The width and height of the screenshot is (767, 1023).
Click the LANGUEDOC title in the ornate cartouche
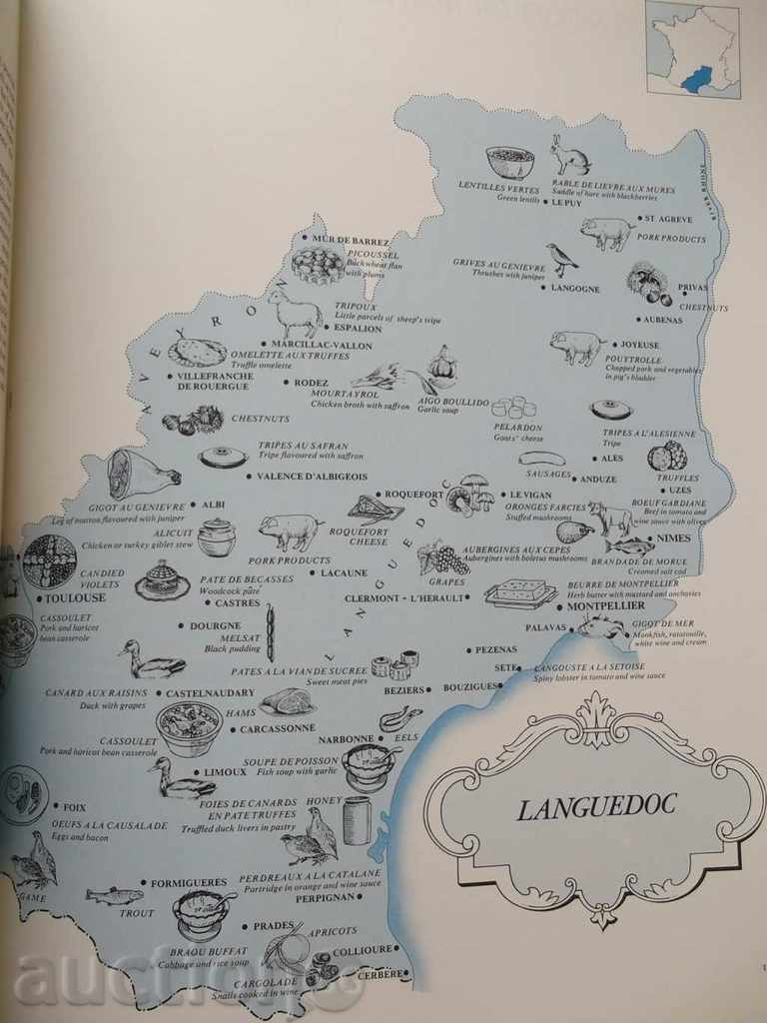(596, 807)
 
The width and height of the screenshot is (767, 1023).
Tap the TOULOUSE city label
(75, 597)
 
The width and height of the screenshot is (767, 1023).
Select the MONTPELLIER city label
(606, 606)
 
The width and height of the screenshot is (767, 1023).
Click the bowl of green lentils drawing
(509, 162)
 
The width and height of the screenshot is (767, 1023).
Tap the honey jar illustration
(357, 819)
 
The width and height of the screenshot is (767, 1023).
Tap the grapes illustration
(442, 557)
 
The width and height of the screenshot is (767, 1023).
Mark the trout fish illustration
(114, 895)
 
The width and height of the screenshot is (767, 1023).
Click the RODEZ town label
(311, 382)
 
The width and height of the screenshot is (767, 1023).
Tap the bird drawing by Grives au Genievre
(561, 259)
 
